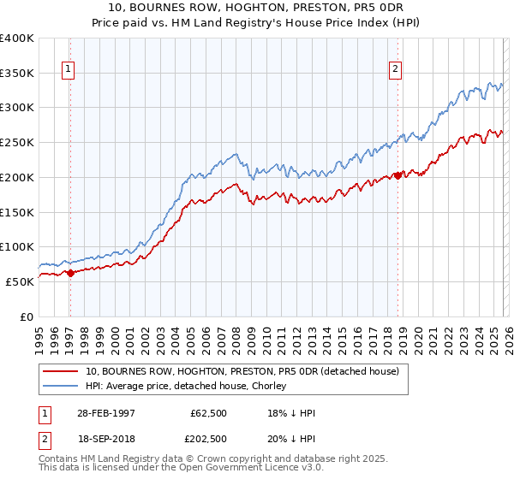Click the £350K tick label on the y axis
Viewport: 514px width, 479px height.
[17, 73]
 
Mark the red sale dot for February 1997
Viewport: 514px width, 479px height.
[71, 273]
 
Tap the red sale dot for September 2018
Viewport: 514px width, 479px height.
[397, 175]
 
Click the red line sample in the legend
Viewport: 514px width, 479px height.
[61, 372]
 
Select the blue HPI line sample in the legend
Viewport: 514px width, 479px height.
[61, 387]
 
